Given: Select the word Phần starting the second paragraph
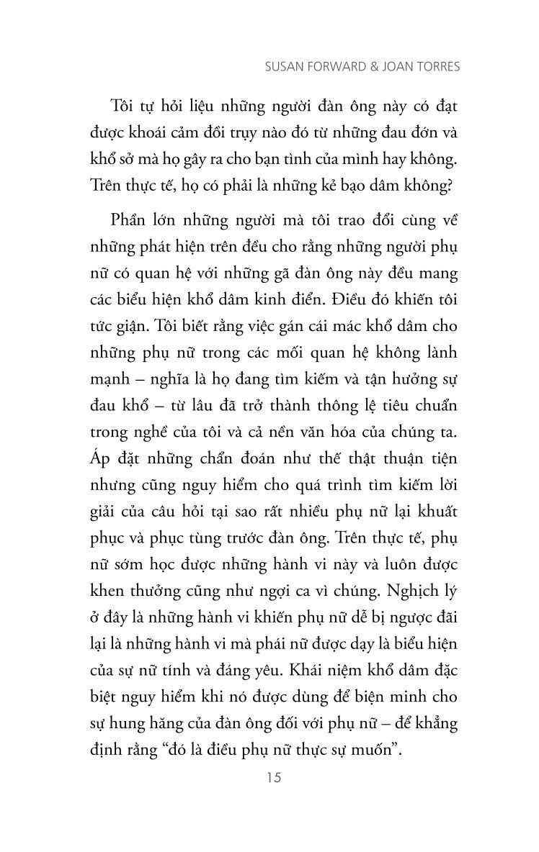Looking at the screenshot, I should click(x=133, y=219).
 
